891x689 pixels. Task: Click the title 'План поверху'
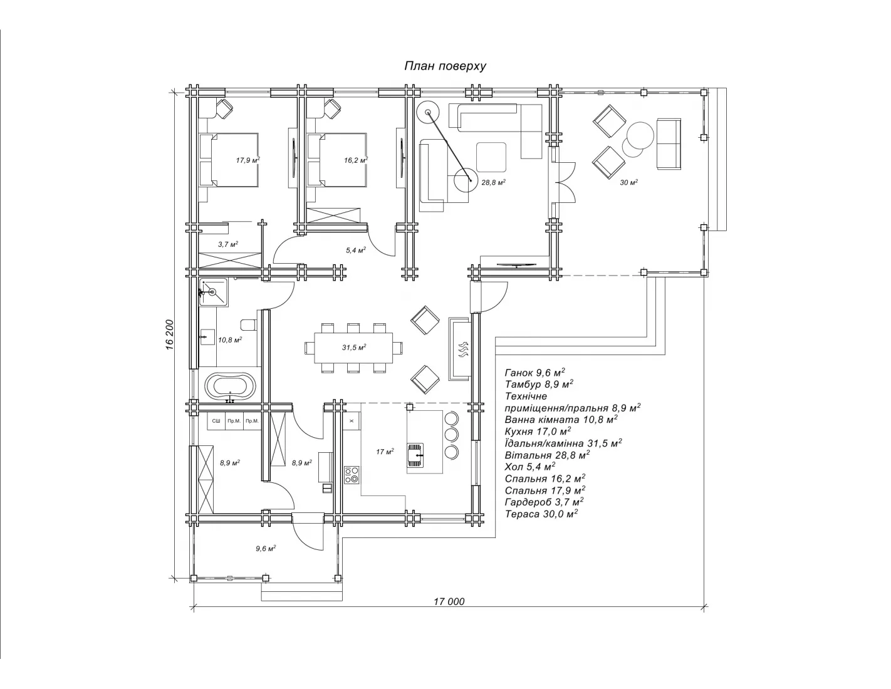pyautogui.click(x=445, y=66)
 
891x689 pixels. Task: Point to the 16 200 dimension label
pyautogui.click(x=170, y=334)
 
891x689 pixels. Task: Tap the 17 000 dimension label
pyautogui.click(x=449, y=601)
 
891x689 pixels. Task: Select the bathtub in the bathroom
pyautogui.click(x=230, y=386)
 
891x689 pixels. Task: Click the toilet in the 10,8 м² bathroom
pyautogui.click(x=248, y=325)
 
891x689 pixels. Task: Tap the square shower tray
pyautogui.click(x=213, y=293)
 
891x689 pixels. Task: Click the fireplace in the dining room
pyautogui.click(x=460, y=348)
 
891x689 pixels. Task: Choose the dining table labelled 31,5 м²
pyautogui.click(x=353, y=348)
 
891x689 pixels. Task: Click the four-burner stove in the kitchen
pyautogui.click(x=352, y=474)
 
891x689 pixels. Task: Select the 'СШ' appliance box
pyautogui.click(x=216, y=421)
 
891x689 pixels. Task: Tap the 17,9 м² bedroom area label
pyautogui.click(x=247, y=160)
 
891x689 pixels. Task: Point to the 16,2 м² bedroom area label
pyautogui.click(x=355, y=160)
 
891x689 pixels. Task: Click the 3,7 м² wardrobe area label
pyautogui.click(x=228, y=244)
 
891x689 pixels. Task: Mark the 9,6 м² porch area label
pyautogui.click(x=266, y=549)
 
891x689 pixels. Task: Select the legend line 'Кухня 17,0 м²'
pyautogui.click(x=538, y=431)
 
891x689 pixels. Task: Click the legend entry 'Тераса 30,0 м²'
pyautogui.click(x=541, y=514)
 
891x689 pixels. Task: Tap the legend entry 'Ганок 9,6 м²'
pyautogui.click(x=535, y=373)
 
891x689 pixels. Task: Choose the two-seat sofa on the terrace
pyautogui.click(x=669, y=144)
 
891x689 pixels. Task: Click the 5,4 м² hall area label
pyautogui.click(x=355, y=250)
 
